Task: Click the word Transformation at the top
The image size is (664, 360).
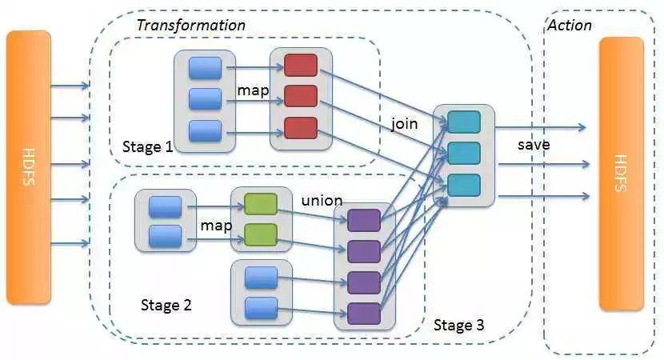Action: (191, 26)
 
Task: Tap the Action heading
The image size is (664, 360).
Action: (570, 26)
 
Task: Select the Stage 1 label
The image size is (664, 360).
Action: (148, 147)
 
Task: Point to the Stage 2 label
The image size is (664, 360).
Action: (166, 305)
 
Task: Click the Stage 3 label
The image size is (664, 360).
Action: (458, 325)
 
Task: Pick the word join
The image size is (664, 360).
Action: (404, 124)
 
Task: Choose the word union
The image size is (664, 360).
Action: (322, 200)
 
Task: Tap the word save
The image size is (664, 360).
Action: (534, 145)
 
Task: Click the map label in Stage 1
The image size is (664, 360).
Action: (254, 90)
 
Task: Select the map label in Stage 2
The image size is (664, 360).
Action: (216, 226)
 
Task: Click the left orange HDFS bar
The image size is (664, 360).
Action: (28, 167)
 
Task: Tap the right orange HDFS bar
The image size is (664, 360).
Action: (622, 174)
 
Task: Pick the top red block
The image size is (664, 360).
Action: (301, 66)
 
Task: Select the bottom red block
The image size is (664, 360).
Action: (301, 128)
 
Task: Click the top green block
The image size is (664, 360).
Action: (261, 204)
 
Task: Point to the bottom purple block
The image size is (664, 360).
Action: (364, 314)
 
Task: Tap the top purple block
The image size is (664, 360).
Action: (364, 220)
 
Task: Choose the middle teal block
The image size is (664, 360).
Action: (464, 154)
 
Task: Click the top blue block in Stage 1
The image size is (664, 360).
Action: (205, 68)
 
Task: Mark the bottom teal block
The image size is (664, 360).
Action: (464, 185)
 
